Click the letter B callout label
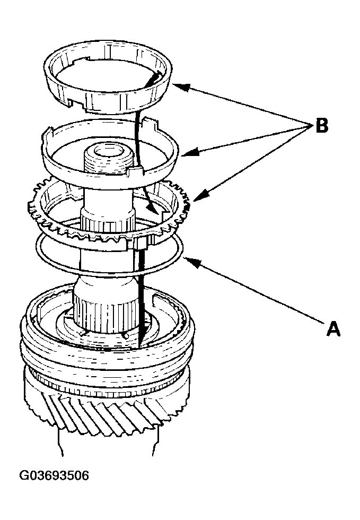pyautogui.click(x=321, y=126)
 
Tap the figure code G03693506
pyautogui.click(x=54, y=475)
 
